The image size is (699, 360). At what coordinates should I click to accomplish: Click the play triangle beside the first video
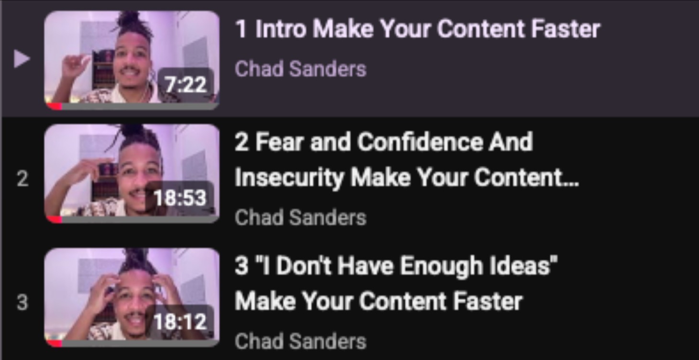click(22, 59)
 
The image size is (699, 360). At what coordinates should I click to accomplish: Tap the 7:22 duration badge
click(186, 85)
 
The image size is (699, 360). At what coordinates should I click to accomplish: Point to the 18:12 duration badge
click(180, 321)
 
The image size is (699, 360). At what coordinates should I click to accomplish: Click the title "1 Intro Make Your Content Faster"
click(417, 30)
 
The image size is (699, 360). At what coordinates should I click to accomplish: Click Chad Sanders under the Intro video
click(300, 69)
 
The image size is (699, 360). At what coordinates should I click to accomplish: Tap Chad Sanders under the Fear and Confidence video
click(300, 218)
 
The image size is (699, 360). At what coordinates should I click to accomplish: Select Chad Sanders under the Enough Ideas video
click(300, 341)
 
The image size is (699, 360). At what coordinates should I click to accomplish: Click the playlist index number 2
click(22, 180)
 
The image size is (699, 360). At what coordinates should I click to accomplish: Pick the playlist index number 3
click(22, 303)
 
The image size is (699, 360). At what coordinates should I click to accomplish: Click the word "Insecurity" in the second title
click(289, 178)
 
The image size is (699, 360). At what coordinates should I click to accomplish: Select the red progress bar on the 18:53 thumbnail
click(55, 219)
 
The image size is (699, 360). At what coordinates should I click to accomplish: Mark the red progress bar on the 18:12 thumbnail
click(55, 343)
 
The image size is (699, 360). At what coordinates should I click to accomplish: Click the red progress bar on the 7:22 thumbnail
click(55, 105)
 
